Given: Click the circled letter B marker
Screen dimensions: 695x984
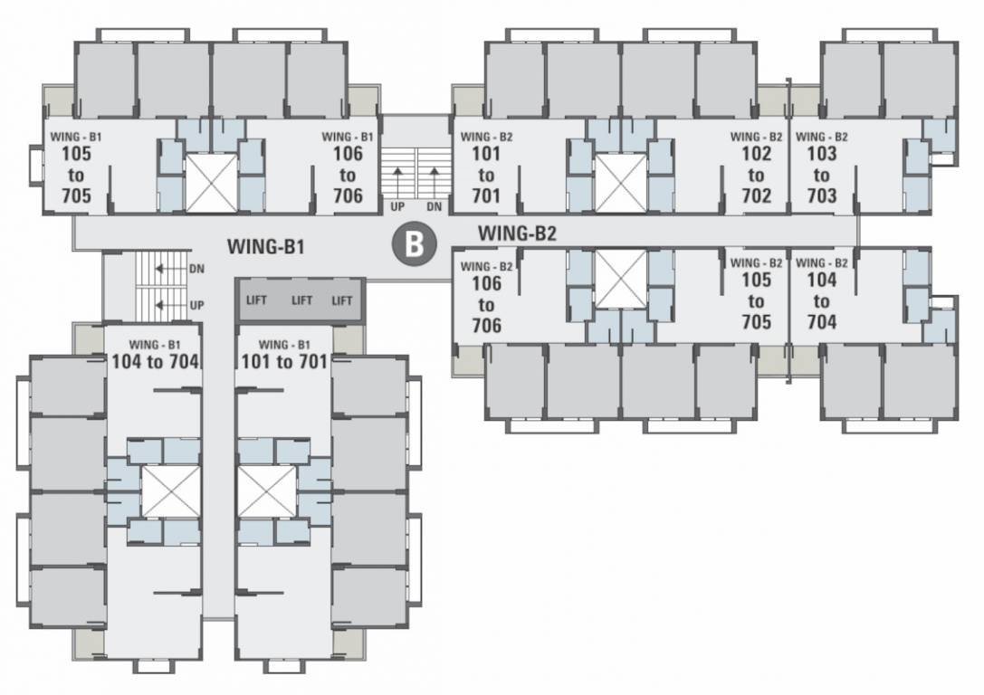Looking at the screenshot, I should coord(414,244).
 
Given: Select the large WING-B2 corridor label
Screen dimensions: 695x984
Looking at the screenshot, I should coord(517,233).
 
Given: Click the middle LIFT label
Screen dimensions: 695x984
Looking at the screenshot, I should coord(301,300).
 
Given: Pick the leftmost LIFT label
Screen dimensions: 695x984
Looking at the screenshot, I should coord(257,300).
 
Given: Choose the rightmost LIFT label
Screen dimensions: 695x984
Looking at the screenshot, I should coord(341,300).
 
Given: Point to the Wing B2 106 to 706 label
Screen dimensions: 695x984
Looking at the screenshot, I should coord(486,297).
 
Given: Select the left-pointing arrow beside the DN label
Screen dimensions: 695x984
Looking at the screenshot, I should coord(161,268).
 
